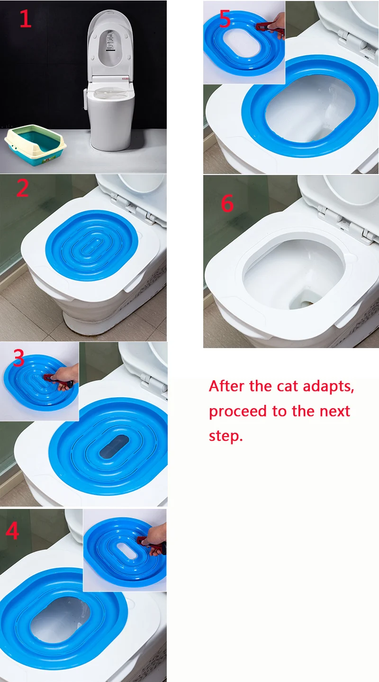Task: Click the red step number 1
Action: (x=26, y=18)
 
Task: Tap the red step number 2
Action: (x=23, y=188)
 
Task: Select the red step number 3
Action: (x=19, y=358)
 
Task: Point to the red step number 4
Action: (x=12, y=531)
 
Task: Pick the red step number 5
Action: (x=225, y=18)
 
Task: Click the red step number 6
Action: (x=227, y=203)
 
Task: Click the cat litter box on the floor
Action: (x=36, y=145)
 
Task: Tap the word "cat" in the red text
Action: (x=287, y=386)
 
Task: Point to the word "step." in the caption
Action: (x=226, y=437)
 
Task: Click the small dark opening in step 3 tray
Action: (x=114, y=446)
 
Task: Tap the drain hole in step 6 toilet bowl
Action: (x=307, y=303)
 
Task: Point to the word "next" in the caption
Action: (x=336, y=411)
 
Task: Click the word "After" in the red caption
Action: (x=227, y=386)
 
